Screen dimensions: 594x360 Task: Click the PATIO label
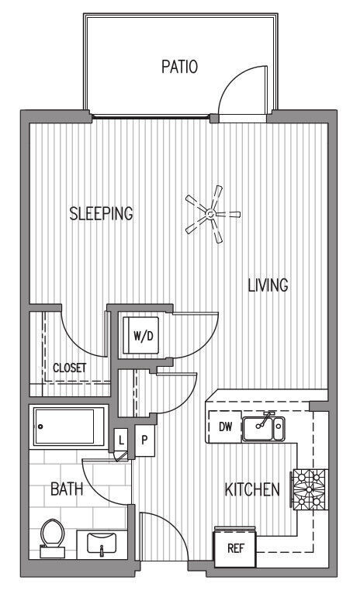coord(179,67)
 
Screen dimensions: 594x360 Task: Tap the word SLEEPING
coord(101,213)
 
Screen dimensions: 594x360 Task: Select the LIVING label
coord(268,285)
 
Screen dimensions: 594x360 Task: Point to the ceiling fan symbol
coord(210,212)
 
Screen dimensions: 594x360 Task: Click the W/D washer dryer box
coord(142,336)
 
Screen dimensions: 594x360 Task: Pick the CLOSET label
coord(70,368)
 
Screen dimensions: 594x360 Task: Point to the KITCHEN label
coord(251,490)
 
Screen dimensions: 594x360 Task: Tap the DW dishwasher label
coord(225,426)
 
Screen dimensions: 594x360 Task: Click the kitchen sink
coord(263,427)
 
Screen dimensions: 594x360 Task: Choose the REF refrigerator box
coord(235,547)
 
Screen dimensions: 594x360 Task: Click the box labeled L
coord(121,440)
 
